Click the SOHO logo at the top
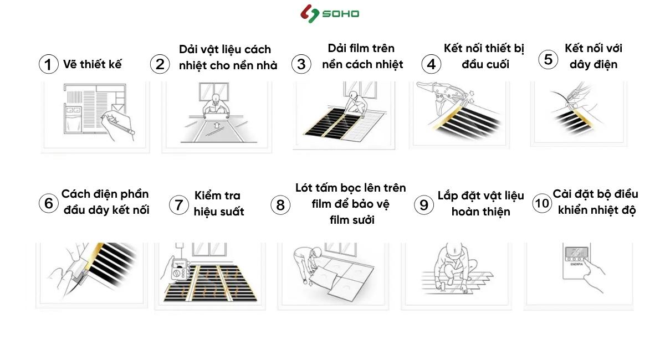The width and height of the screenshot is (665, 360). (x=329, y=14)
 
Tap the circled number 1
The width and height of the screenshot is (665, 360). (x=48, y=64)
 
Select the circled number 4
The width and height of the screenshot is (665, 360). (x=431, y=64)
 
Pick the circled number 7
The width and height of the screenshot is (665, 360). (x=178, y=205)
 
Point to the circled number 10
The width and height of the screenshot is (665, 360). (x=542, y=203)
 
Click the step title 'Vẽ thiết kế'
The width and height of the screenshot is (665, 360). (x=93, y=64)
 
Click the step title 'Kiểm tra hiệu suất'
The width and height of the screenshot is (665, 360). (x=219, y=204)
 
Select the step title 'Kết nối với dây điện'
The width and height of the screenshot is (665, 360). (x=593, y=56)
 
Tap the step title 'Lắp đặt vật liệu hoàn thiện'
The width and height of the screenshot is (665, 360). (x=480, y=204)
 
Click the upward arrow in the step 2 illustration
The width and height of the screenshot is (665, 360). (x=217, y=125)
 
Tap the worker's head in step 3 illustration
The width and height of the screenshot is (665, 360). (x=354, y=95)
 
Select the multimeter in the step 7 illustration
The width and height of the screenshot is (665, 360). (x=180, y=270)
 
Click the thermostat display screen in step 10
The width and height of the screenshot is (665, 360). (x=576, y=253)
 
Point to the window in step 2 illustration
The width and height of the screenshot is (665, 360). (x=214, y=91)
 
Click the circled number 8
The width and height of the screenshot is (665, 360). (x=280, y=205)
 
